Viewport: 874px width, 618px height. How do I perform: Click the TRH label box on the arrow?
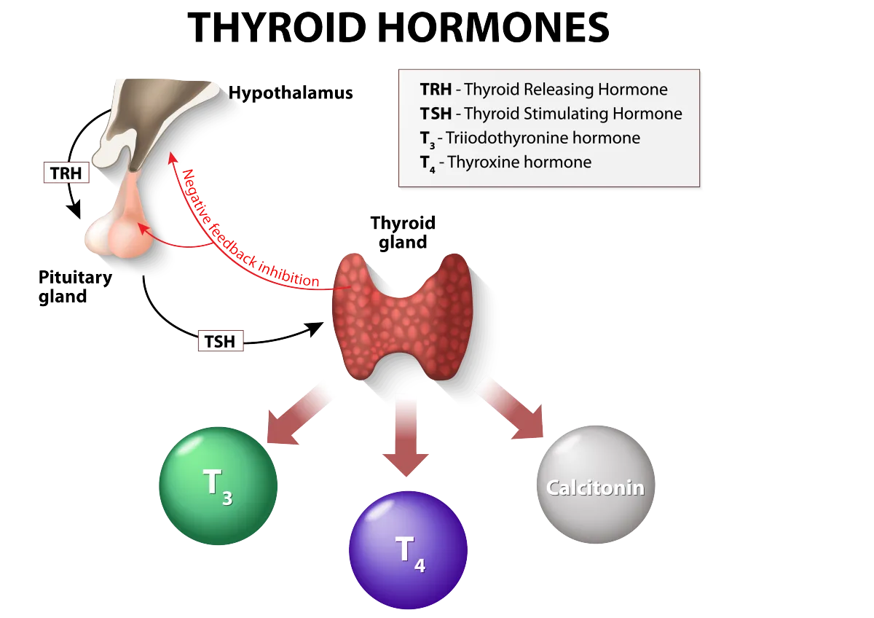[x=66, y=173]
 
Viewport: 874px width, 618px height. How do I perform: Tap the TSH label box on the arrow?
[x=219, y=340]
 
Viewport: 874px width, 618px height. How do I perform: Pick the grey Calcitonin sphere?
[x=596, y=485]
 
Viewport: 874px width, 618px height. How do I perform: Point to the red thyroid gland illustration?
[x=403, y=313]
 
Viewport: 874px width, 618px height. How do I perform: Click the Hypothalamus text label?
[x=291, y=93]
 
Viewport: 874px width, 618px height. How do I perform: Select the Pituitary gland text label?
[x=73, y=287]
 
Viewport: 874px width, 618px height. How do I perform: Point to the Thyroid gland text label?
[x=403, y=232]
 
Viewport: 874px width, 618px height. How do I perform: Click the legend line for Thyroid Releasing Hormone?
[x=543, y=90]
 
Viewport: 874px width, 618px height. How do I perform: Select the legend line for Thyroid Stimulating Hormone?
[x=551, y=114]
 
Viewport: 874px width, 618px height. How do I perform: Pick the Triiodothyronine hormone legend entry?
[x=529, y=138]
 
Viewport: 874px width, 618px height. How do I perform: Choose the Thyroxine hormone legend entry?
[x=505, y=162]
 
